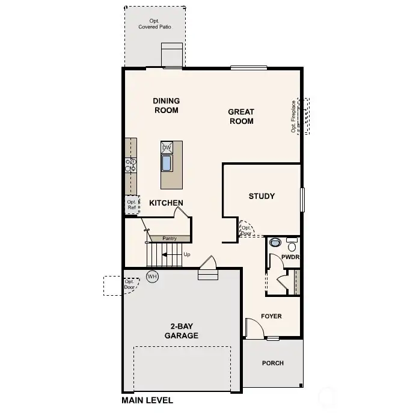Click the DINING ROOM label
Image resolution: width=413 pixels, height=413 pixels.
(167, 105)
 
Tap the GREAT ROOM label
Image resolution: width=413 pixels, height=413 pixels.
(241, 116)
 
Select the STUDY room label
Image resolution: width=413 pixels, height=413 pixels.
(262, 196)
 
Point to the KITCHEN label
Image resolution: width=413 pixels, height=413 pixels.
(166, 203)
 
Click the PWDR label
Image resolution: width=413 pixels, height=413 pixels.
(290, 257)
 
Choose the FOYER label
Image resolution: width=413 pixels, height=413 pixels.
(271, 316)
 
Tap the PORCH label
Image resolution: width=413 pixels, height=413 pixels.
(272, 363)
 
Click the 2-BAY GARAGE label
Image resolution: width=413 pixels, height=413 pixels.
(182, 331)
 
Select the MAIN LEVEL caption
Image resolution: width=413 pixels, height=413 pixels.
(147, 400)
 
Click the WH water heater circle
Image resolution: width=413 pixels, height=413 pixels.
(152, 277)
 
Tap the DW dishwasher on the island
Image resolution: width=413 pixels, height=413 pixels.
(167, 147)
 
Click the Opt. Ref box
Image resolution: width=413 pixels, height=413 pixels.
(132, 204)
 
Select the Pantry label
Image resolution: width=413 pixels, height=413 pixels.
(170, 239)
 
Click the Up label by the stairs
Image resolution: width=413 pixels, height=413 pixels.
(187, 254)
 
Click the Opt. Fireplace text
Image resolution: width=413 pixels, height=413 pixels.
(294, 116)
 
